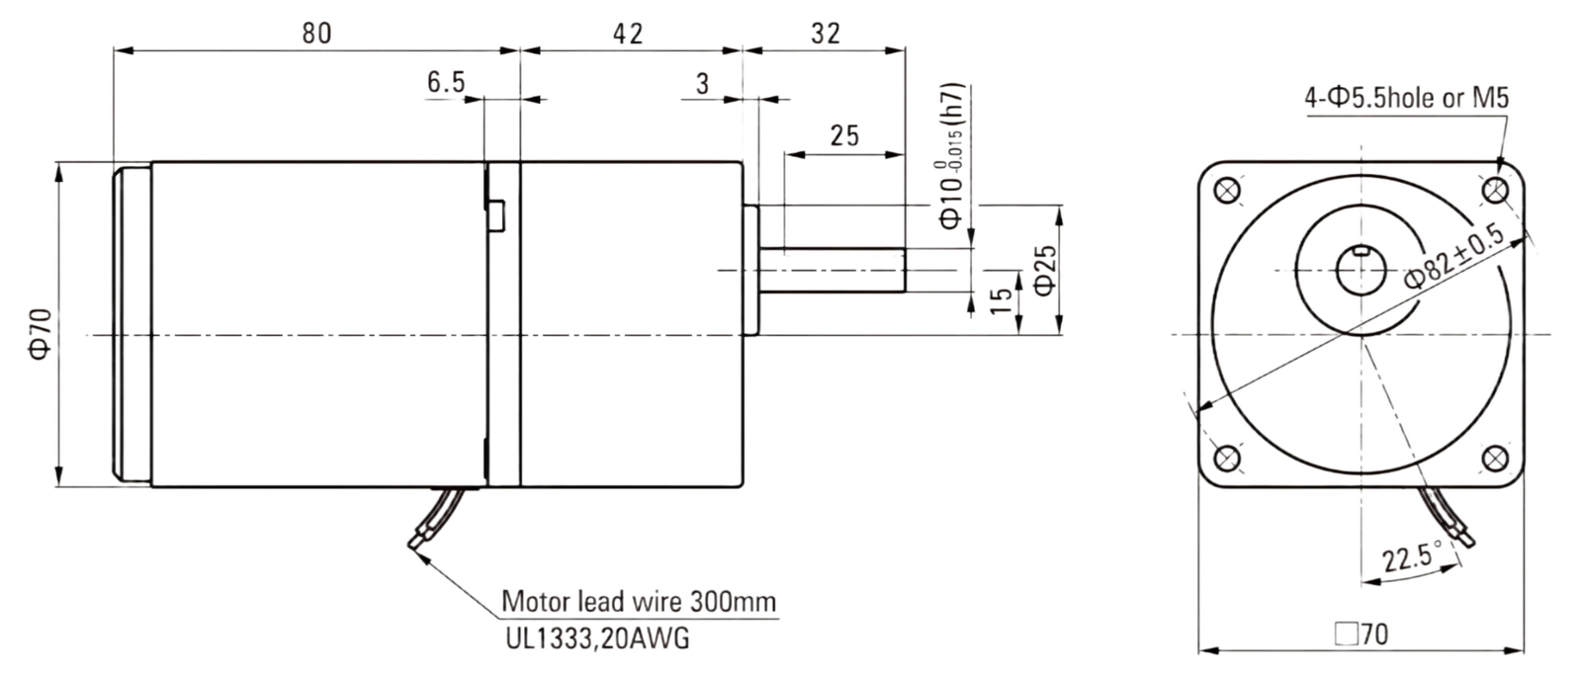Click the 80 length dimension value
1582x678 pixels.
click(316, 34)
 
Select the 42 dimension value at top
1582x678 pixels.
click(628, 34)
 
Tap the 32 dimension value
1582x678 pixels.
click(826, 34)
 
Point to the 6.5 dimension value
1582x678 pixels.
click(446, 82)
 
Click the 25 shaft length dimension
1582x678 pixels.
click(844, 135)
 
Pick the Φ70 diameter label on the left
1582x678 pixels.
click(41, 334)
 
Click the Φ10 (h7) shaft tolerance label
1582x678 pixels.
click(950, 157)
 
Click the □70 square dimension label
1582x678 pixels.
click(1362, 635)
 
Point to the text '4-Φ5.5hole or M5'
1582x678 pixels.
click(1406, 98)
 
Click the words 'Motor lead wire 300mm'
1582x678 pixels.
click(639, 601)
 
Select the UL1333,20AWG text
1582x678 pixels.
click(597, 638)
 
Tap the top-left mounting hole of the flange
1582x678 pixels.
click(1227, 190)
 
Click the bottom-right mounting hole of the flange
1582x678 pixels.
click(1495, 459)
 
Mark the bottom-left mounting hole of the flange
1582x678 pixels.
click(1227, 459)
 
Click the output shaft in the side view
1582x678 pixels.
click(832, 270)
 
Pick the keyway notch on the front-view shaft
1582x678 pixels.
click(1361, 249)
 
